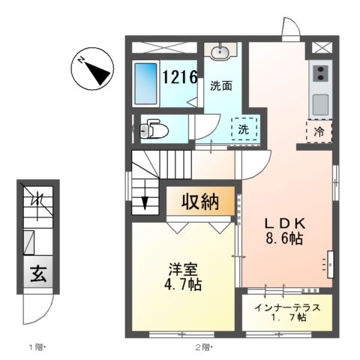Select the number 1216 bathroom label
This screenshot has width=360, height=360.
point(180,76)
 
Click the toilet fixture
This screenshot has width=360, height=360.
point(153,129)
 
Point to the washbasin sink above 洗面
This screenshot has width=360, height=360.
point(220,52)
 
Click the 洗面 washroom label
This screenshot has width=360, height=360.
point(220,85)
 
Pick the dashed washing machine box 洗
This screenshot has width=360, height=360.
point(244,129)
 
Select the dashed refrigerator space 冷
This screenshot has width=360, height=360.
point(319,130)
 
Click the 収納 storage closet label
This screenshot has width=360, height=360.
point(199,202)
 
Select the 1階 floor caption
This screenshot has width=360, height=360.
point(37,347)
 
